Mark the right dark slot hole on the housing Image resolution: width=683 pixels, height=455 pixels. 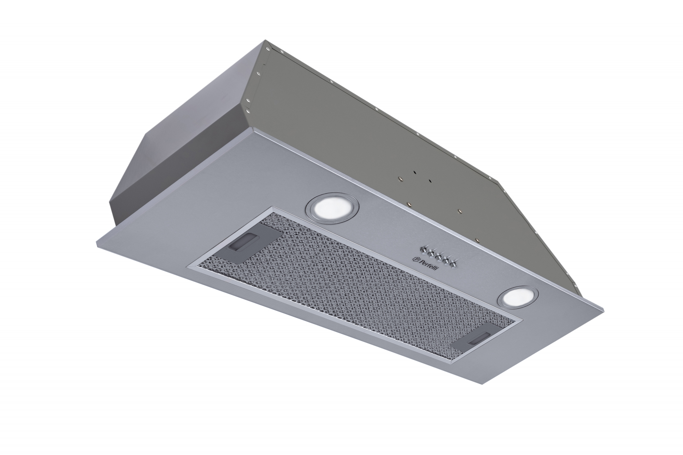(431, 181)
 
